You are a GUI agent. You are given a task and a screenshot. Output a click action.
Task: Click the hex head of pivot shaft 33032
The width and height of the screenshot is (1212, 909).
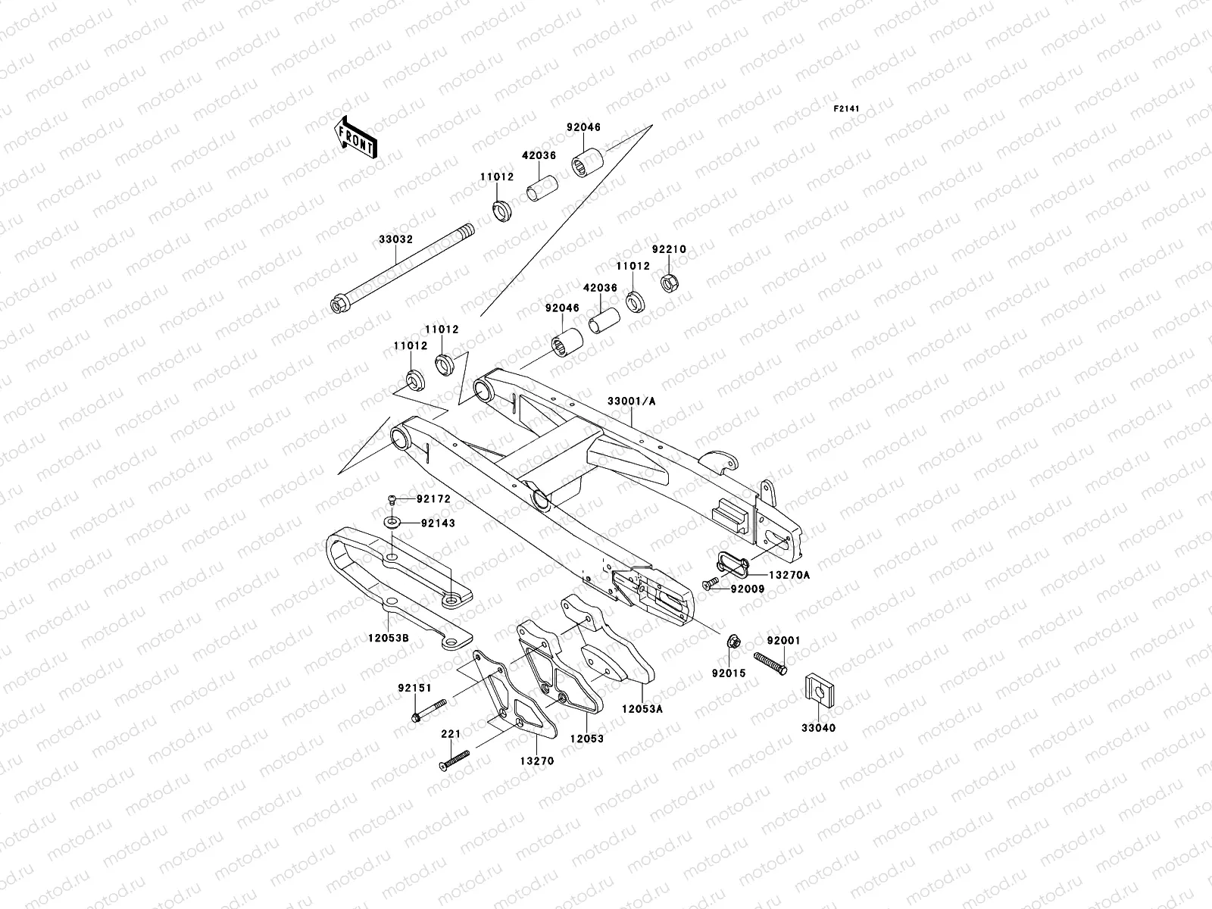(x=338, y=306)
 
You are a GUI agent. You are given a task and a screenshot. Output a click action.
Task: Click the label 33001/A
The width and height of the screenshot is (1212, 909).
(x=631, y=401)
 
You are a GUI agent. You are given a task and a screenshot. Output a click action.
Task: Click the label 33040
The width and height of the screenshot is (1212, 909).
(x=820, y=728)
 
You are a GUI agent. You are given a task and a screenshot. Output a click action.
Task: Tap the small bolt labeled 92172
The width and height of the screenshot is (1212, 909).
(x=392, y=498)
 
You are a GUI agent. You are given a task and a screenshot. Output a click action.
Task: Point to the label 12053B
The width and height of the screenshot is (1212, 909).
(x=389, y=639)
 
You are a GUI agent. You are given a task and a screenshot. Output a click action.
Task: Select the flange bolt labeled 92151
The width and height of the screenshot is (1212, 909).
(x=430, y=713)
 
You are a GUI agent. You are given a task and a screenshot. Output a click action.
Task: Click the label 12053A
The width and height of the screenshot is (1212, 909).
(x=642, y=709)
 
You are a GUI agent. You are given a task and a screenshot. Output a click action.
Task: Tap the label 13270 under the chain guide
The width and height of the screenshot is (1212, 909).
(x=537, y=761)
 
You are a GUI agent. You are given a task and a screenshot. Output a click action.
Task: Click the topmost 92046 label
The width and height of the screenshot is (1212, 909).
(x=583, y=127)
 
